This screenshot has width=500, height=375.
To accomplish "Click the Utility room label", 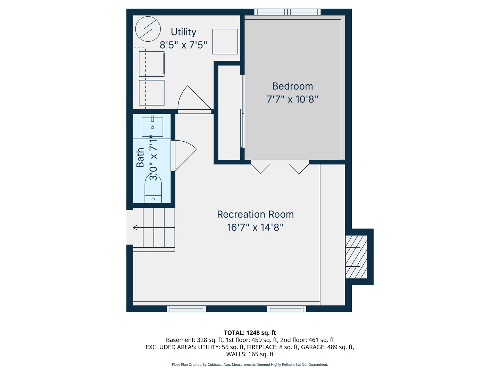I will coord(183,32).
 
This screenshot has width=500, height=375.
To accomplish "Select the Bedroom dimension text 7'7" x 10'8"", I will coord(292,99).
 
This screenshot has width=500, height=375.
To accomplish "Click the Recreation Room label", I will coord(255,214).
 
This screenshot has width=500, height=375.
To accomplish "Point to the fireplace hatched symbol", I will coord(356,257).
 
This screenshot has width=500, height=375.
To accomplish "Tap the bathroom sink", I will coord(152,127).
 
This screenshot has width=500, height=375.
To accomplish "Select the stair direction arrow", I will coord(135,227).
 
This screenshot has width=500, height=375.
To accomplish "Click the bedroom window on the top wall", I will coord(287,12).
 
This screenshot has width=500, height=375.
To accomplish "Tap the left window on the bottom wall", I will coord(186,309).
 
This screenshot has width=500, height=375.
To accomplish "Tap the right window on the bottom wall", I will coord(286,309).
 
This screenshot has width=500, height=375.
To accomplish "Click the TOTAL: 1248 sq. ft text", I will coord(250,333).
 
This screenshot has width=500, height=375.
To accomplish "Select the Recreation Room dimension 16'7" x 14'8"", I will coord(255,227).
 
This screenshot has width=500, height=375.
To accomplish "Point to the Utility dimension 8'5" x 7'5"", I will coord(183,45).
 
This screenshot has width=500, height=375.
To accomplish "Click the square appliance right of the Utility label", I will coord(225,42).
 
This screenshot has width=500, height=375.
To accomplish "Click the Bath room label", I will coord(140,158).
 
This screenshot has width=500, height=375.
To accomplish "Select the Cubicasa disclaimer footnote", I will coord(250,365).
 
